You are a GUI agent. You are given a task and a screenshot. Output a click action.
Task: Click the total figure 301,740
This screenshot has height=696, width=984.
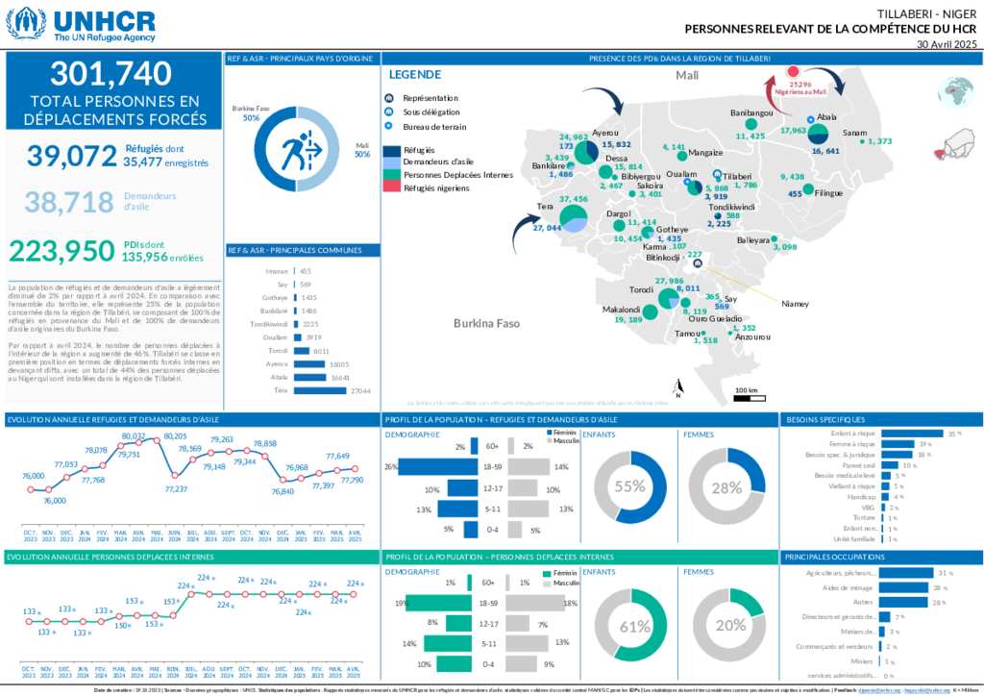(111, 73)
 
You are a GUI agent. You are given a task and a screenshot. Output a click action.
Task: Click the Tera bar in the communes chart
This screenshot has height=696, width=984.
(321, 390)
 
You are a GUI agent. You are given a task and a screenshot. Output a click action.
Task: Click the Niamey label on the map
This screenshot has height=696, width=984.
(795, 304)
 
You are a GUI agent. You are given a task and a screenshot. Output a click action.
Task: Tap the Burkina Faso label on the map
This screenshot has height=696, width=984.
(486, 324)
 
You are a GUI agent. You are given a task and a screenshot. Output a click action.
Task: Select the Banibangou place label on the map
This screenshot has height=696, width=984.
(751, 113)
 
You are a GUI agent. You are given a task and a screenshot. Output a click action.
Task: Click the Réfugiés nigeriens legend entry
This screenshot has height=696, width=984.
(436, 187)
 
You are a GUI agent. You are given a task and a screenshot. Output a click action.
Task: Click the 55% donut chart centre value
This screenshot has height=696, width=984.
(629, 486)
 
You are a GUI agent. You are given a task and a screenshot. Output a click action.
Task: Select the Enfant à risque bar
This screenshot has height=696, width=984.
(911, 434)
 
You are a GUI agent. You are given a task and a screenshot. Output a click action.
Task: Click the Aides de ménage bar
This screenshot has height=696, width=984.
(903, 587)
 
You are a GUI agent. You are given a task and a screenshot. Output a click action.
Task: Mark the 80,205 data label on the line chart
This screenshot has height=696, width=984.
(175, 436)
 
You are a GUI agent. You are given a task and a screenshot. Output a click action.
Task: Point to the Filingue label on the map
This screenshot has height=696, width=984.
(828, 193)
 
